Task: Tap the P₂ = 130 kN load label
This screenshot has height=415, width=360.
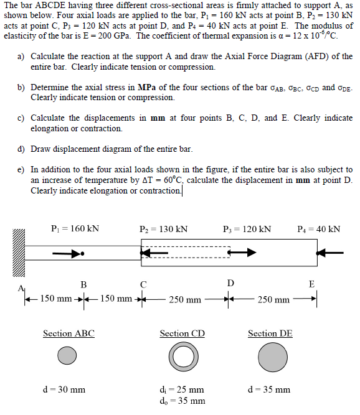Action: [x=164, y=229]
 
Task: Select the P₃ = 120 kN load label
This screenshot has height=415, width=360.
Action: [x=247, y=229]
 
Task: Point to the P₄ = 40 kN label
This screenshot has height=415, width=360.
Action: [x=320, y=229]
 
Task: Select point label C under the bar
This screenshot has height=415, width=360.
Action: [x=143, y=284]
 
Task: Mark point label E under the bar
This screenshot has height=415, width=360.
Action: [x=311, y=284]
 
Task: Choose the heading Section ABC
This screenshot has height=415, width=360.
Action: [x=69, y=333]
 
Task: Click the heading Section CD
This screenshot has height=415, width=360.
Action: [x=182, y=333]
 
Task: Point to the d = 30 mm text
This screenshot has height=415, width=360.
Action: [x=64, y=390]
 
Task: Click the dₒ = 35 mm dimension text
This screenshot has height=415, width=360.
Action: [x=182, y=401]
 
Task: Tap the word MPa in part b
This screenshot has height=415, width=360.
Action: [x=148, y=87]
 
